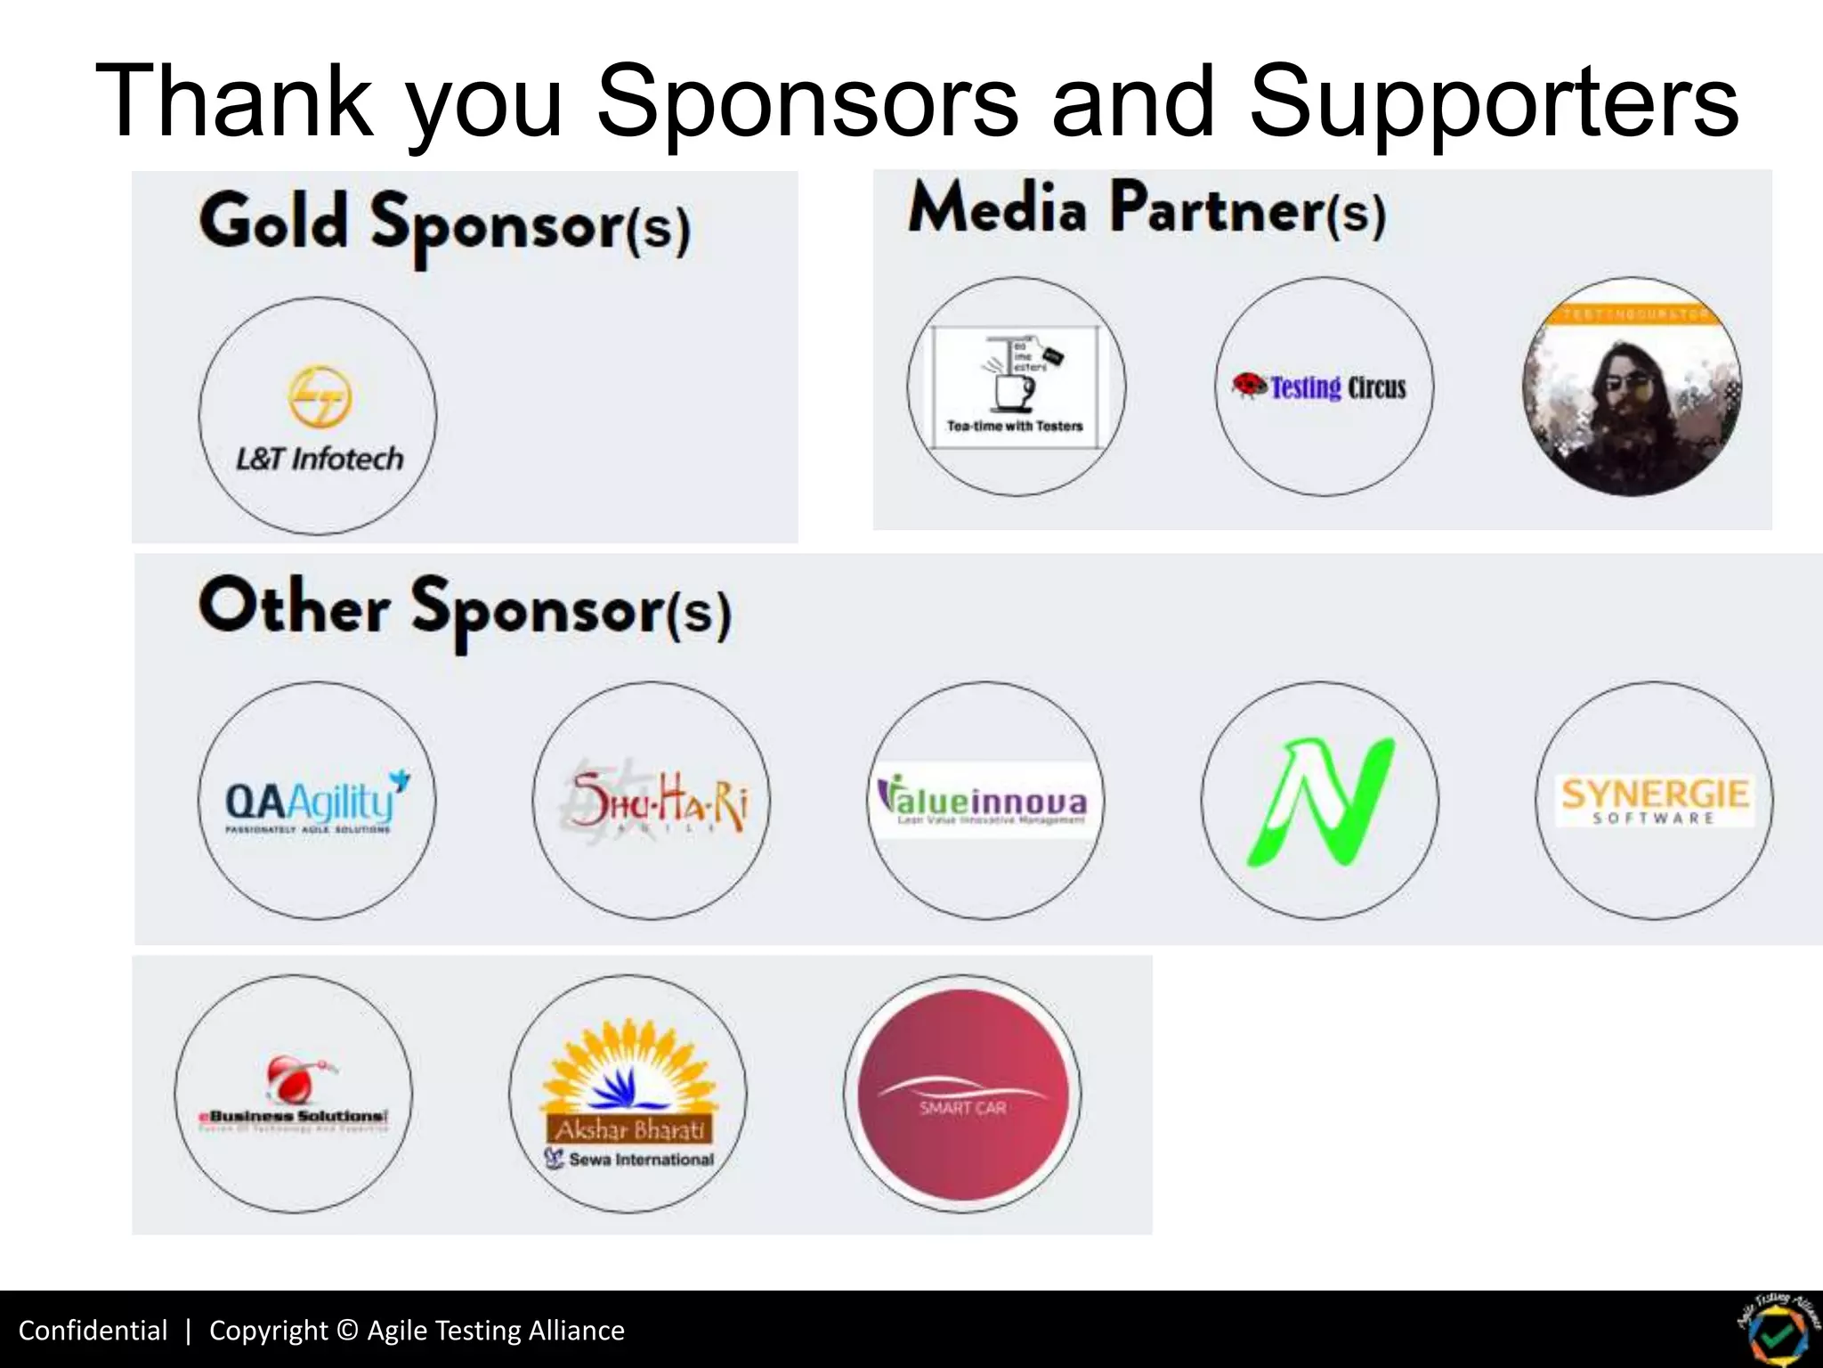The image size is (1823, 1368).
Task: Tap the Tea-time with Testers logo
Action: coord(1016,387)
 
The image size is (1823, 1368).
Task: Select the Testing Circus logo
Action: coord(1324,387)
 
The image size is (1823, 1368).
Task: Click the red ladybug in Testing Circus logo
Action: coord(1249,385)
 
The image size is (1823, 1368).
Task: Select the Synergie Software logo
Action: coord(1654,800)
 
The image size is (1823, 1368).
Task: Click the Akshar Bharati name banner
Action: coord(630,1129)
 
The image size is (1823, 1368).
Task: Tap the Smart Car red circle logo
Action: coord(962,1095)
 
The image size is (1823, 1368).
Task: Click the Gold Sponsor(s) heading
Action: coord(444,224)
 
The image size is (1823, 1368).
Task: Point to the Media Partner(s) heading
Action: coord(1146,210)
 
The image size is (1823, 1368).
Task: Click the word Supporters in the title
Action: coord(1494,102)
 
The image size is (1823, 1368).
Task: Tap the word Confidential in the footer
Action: coord(93,1330)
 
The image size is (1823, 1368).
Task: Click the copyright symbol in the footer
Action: coord(348,1330)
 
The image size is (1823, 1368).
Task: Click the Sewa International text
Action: coord(641,1160)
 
